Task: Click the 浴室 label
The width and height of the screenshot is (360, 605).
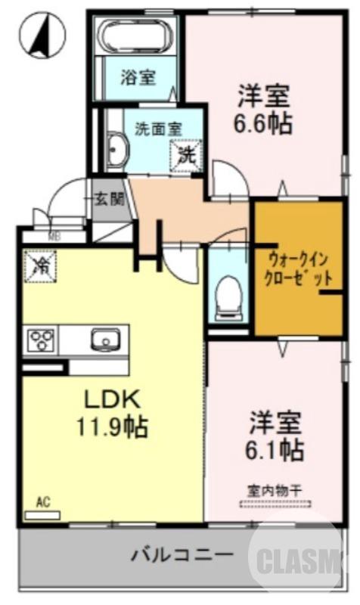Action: pyautogui.click(x=138, y=76)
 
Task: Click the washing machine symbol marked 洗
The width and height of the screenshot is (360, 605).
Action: pyautogui.click(x=187, y=156)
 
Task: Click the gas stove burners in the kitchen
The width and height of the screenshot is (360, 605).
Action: pyautogui.click(x=40, y=339)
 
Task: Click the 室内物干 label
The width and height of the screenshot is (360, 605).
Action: pyautogui.click(x=274, y=490)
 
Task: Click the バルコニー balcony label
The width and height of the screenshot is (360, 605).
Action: pyautogui.click(x=182, y=557)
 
